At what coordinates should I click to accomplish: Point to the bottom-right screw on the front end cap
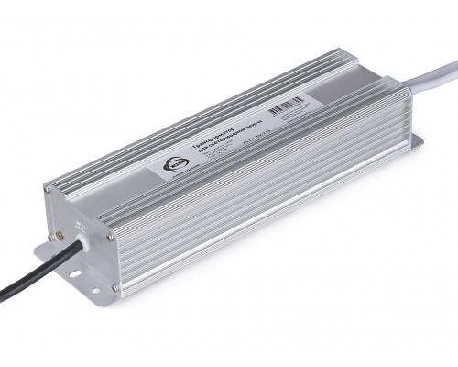pyautogui.click(x=114, y=287)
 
